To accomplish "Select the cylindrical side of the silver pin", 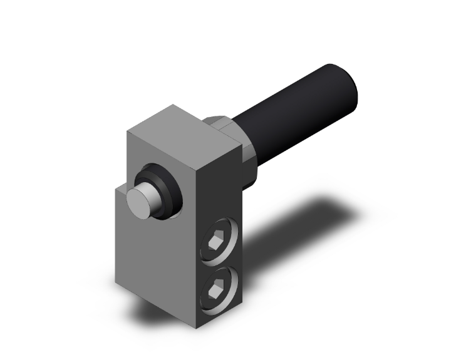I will click(x=154, y=191).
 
